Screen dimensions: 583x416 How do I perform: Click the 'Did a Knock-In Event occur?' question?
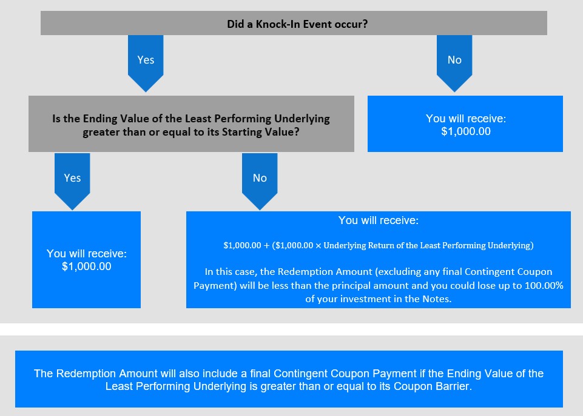point(297,24)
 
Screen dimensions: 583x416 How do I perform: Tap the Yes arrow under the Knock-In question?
point(146,63)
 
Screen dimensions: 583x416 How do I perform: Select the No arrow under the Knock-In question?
point(454,63)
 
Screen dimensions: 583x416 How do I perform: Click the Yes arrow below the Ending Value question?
point(72,182)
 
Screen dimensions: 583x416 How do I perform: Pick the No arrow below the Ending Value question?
point(260,182)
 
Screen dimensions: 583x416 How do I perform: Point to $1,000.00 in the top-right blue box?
point(466,131)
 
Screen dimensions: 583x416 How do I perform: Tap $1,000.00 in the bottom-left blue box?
point(86,266)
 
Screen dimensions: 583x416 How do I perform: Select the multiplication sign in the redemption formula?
point(318,246)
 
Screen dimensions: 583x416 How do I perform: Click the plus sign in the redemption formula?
point(266,246)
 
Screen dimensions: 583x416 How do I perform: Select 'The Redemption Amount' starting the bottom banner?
point(96,374)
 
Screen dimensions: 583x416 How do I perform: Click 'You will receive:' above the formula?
point(378,220)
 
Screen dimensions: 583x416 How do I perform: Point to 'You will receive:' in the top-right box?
point(466,118)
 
